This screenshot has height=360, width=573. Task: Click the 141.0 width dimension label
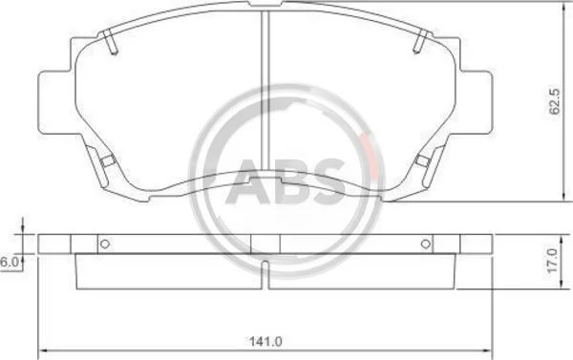(265, 342)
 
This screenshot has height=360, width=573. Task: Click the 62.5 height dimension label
(554, 101)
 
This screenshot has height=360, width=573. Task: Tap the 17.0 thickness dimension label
(553, 261)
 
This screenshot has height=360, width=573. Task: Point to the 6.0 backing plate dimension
(10, 262)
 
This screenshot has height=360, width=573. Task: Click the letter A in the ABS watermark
(248, 181)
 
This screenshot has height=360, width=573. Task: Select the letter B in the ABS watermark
(289, 181)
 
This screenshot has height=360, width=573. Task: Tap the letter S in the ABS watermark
(327, 181)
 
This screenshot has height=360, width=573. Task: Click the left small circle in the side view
(105, 244)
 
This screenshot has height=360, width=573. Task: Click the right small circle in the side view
(426, 244)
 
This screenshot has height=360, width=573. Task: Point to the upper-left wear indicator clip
(110, 42)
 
